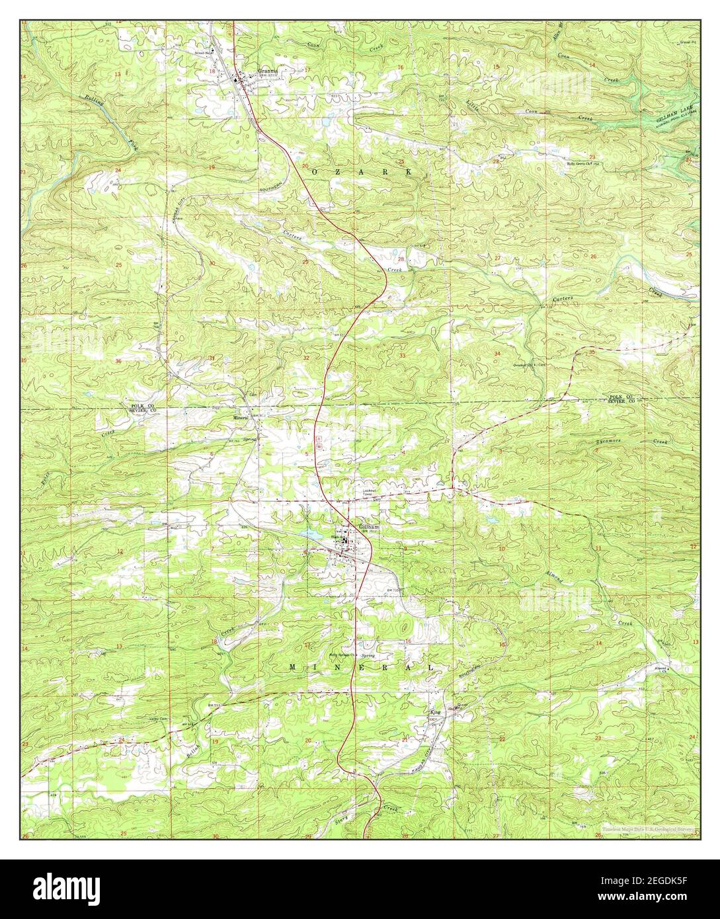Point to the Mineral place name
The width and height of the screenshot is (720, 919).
pyautogui.click(x=240, y=418)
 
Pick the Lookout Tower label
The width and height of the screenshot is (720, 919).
pyautogui.click(x=368, y=493)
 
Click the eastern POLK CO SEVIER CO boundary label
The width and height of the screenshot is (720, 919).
pyautogui.click(x=622, y=399)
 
